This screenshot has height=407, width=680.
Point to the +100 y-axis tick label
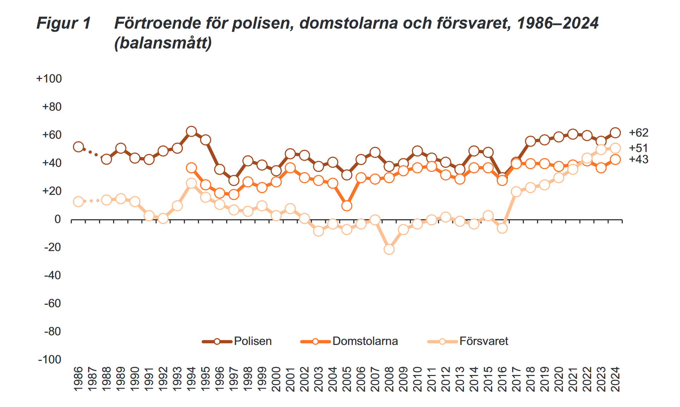pos(49,79)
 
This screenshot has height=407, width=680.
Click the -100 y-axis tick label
pos(50,359)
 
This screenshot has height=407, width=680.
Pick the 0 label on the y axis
pos(57,219)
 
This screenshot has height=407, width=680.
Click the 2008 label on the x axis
pos(389,379)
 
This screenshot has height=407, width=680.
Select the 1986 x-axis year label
pos(78,379)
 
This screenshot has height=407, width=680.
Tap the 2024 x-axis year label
pos(615,379)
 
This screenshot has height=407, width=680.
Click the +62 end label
pos(639,132)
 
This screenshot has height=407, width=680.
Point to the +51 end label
pos(639,148)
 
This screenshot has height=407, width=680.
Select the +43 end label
pos(639,159)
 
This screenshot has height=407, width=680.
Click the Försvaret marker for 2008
pos(389,249)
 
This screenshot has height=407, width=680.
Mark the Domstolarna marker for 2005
pos(347,206)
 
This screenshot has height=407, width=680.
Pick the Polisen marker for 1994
pos(191,132)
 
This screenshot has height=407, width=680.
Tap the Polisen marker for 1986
pos(78,147)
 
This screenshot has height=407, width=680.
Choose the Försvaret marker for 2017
pos(516,192)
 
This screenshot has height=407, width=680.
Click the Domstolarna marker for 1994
pos(191,168)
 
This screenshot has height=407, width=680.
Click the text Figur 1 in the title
pos(64,23)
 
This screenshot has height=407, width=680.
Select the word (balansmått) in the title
pos(163,43)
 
